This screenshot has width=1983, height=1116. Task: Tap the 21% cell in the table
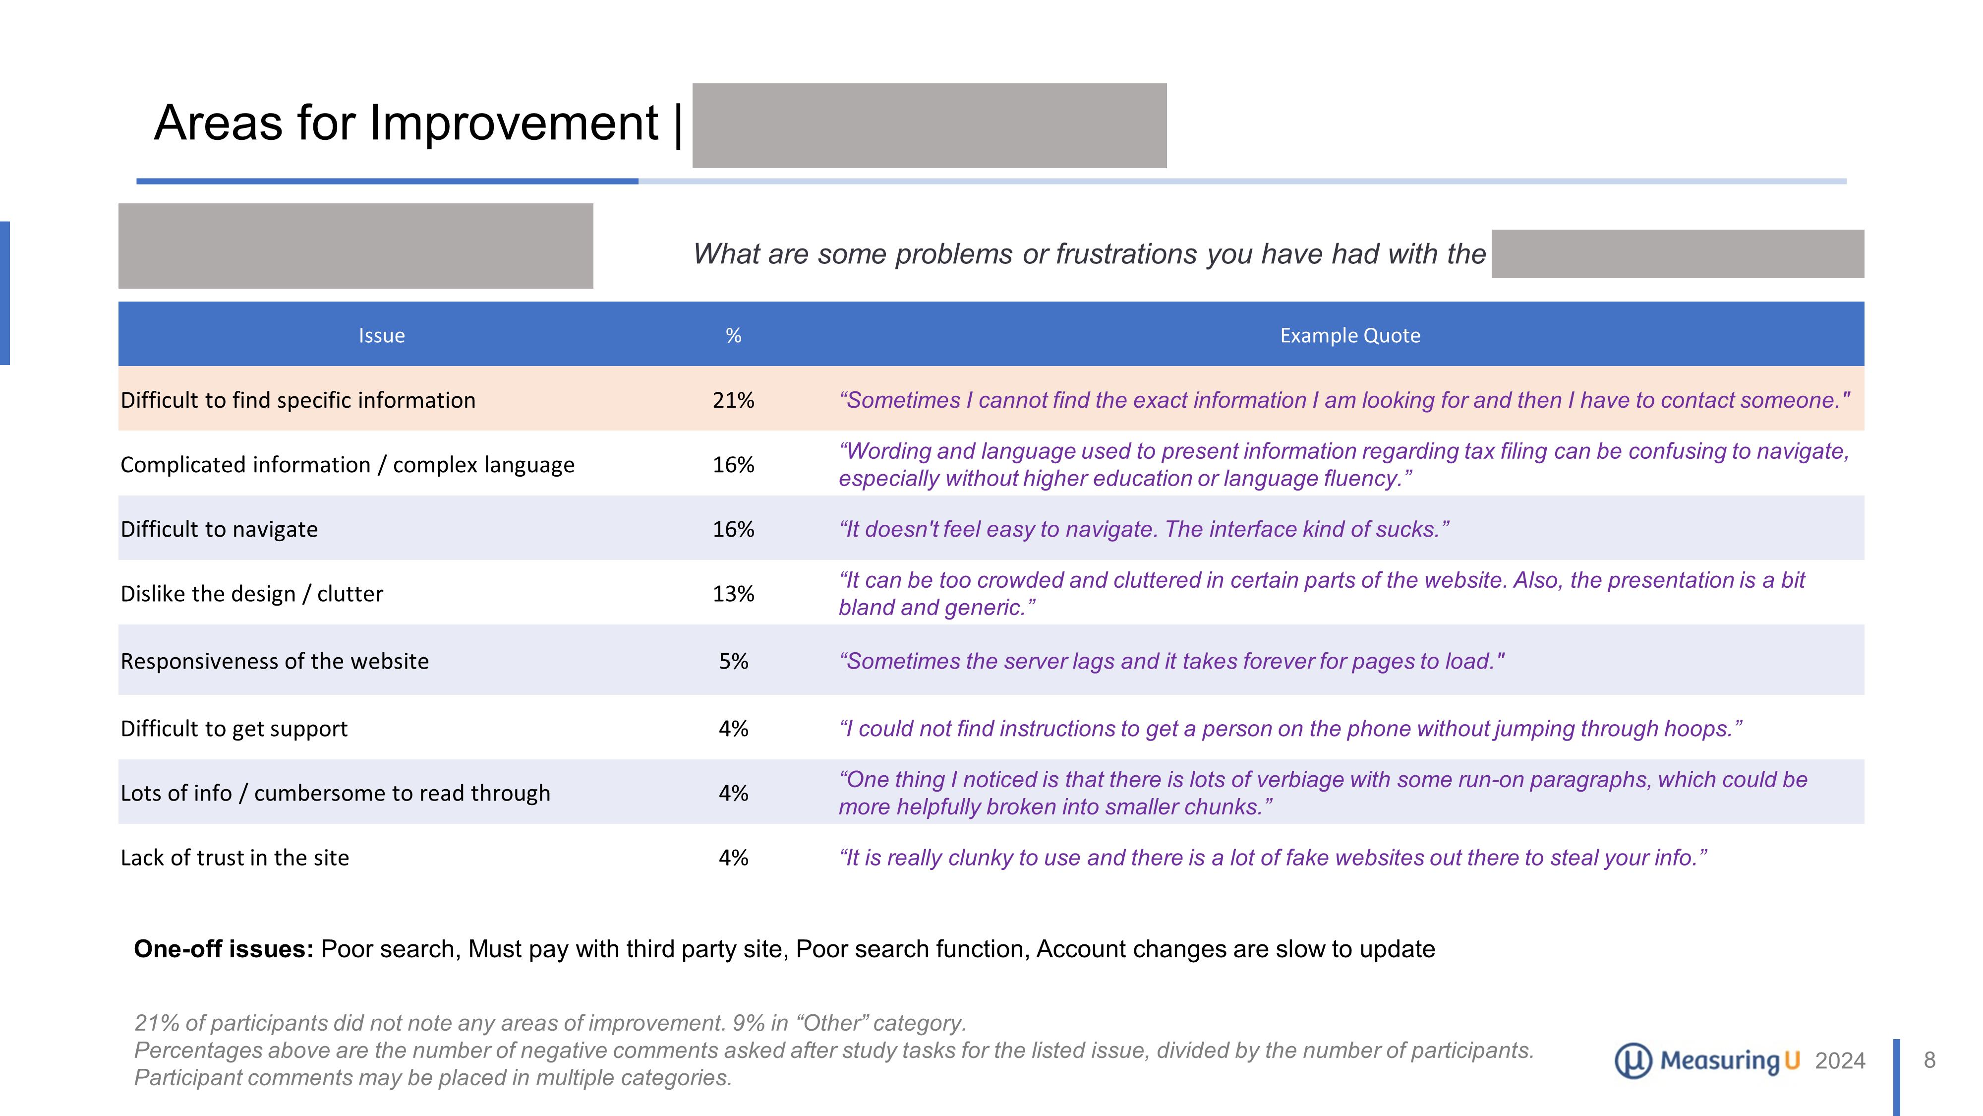point(733,400)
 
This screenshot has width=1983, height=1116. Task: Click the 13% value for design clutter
point(733,594)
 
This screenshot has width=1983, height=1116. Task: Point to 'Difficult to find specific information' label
point(298,400)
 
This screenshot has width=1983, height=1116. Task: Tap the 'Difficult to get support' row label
point(234,729)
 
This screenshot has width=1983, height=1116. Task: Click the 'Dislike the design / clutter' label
point(252,594)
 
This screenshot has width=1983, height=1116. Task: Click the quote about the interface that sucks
point(1143,529)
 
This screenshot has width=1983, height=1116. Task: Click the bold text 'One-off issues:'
point(223,949)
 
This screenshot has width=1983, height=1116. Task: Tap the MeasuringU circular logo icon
point(1633,1060)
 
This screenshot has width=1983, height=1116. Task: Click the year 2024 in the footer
point(1839,1061)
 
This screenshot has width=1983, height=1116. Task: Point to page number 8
point(1929,1060)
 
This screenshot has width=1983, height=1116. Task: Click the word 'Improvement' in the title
point(514,123)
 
